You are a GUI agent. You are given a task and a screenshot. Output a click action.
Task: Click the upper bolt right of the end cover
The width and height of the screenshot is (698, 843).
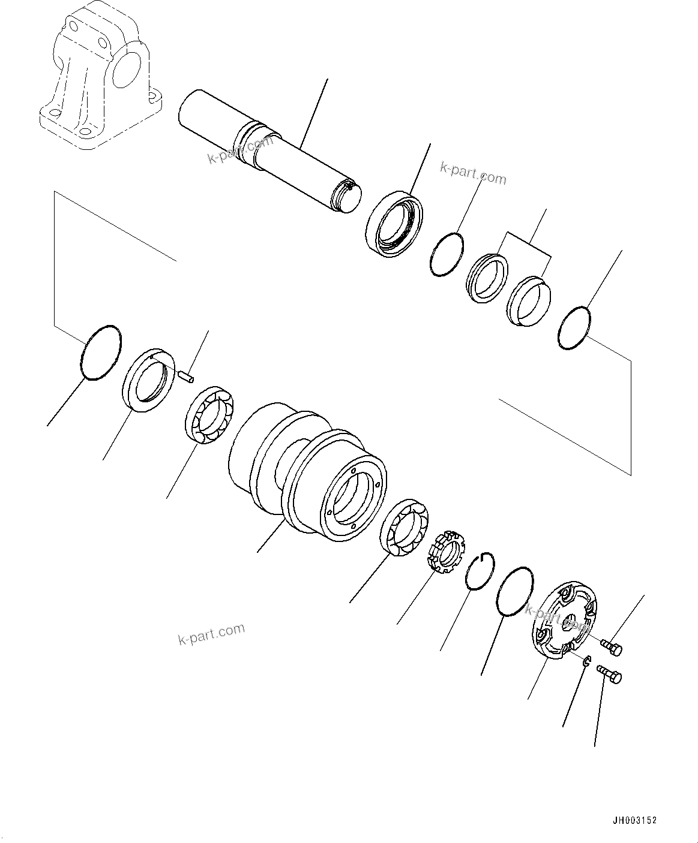(612, 648)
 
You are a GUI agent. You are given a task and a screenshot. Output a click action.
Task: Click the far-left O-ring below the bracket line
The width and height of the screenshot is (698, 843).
(101, 353)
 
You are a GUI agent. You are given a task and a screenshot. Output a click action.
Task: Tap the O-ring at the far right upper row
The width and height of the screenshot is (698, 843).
(574, 328)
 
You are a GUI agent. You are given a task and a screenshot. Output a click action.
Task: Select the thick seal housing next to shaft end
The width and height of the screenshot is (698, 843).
(393, 224)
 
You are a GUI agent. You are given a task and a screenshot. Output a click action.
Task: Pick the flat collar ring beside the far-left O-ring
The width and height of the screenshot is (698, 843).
(149, 380)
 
